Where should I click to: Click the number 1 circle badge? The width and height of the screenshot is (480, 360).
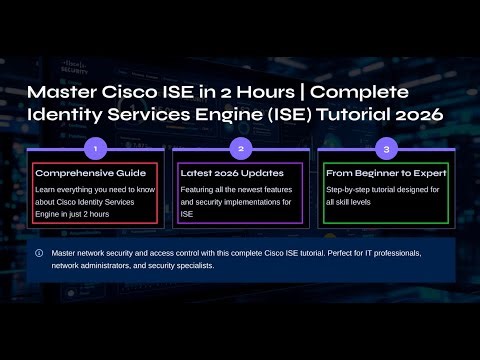coord(95,148)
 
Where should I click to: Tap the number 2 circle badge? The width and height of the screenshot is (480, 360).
coord(240,148)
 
